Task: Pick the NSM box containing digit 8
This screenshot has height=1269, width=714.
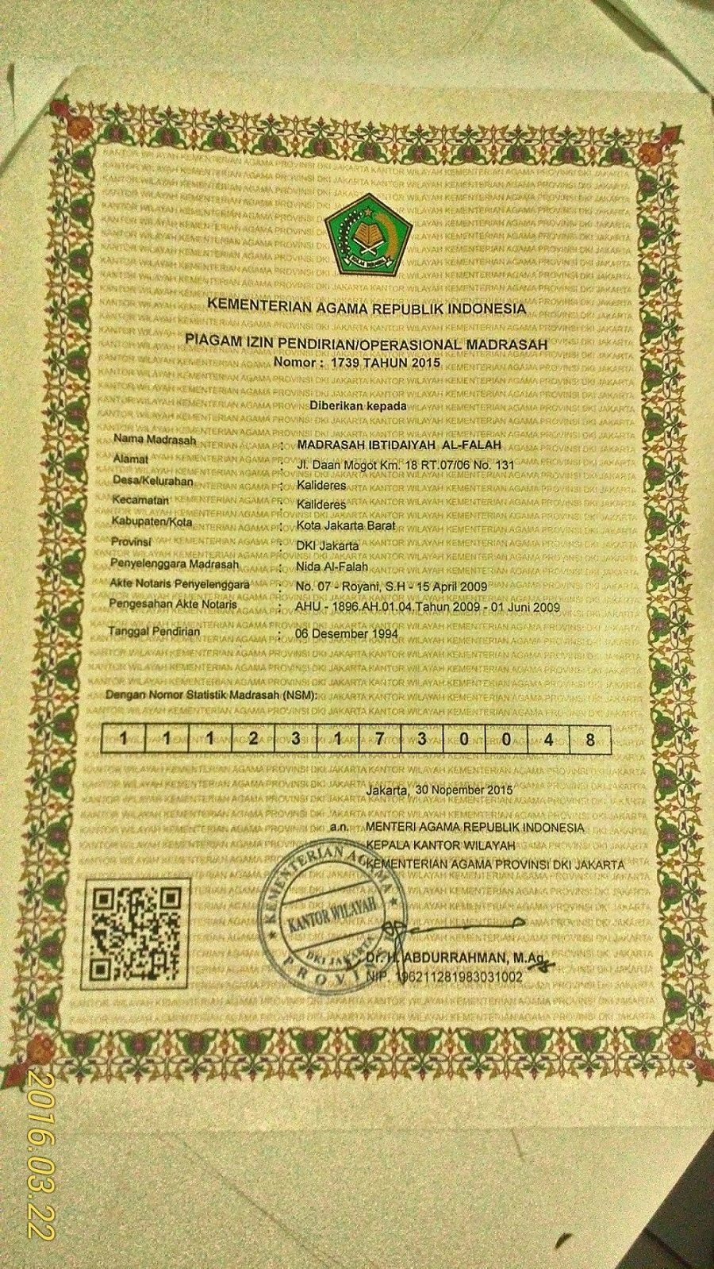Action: [589, 738]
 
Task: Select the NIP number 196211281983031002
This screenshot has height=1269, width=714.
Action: [458, 977]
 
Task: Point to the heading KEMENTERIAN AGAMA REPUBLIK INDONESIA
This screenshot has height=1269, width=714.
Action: [364, 306]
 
